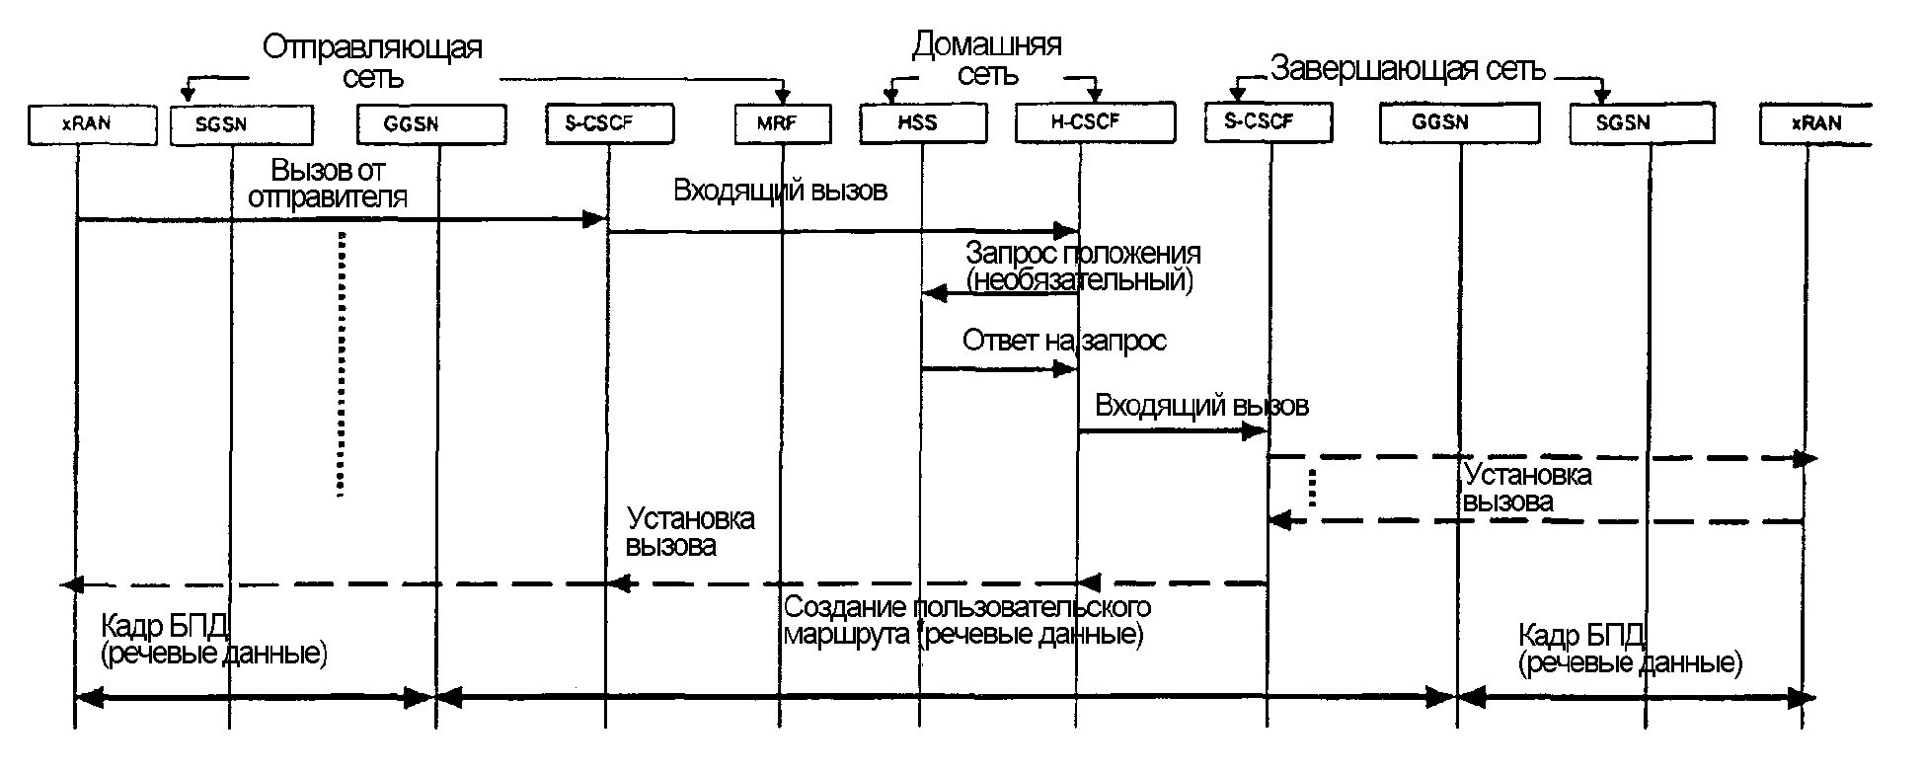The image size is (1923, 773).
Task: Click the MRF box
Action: click(x=783, y=124)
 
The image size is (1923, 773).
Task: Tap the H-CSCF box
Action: click(x=1094, y=123)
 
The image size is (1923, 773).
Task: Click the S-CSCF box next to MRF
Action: click(x=609, y=123)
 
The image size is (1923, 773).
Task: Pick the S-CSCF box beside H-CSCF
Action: click(x=1269, y=122)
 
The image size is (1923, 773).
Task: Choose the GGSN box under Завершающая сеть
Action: click(x=1459, y=123)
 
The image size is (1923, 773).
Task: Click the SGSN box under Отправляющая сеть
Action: click(x=241, y=125)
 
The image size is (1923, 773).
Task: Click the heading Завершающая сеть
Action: click(x=1408, y=69)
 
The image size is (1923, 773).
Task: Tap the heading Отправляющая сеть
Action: click(x=372, y=61)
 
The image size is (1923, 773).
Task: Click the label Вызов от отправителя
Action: click(x=329, y=183)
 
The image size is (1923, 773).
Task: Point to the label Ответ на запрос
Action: click(x=1064, y=342)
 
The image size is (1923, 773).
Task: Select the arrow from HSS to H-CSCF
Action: click(x=997, y=369)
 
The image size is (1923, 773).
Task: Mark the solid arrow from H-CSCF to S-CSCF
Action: click(x=1173, y=431)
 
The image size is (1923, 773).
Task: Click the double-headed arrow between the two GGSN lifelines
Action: click(x=946, y=699)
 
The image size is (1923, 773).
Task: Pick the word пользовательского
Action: click(x=1036, y=605)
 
